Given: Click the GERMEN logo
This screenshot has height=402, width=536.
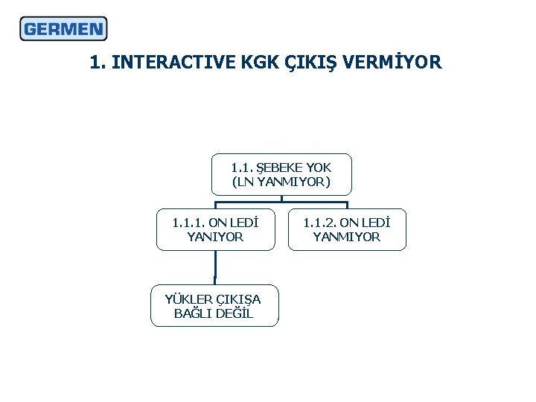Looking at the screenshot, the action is click(63, 29).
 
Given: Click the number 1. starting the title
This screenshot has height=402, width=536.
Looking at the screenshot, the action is click(97, 63).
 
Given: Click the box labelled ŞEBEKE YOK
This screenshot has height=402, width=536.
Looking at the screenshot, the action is click(281, 174).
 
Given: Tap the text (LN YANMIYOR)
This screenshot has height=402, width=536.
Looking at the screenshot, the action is click(281, 182).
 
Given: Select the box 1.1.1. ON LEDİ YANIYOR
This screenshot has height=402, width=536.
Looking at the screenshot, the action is click(215, 229).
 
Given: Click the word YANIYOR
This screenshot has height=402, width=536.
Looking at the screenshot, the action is click(215, 237).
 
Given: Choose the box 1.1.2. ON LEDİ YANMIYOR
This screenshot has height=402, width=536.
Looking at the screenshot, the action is click(347, 229).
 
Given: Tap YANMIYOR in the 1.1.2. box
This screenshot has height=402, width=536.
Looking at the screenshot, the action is click(347, 237).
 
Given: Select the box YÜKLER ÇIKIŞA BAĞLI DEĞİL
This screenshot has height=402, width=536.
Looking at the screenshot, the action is click(214, 306).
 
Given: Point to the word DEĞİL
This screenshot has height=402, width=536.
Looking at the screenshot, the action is click(234, 313).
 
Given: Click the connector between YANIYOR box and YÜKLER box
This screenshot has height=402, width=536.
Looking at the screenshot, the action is click(215, 267).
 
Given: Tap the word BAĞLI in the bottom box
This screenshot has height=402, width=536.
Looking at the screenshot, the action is click(193, 313).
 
